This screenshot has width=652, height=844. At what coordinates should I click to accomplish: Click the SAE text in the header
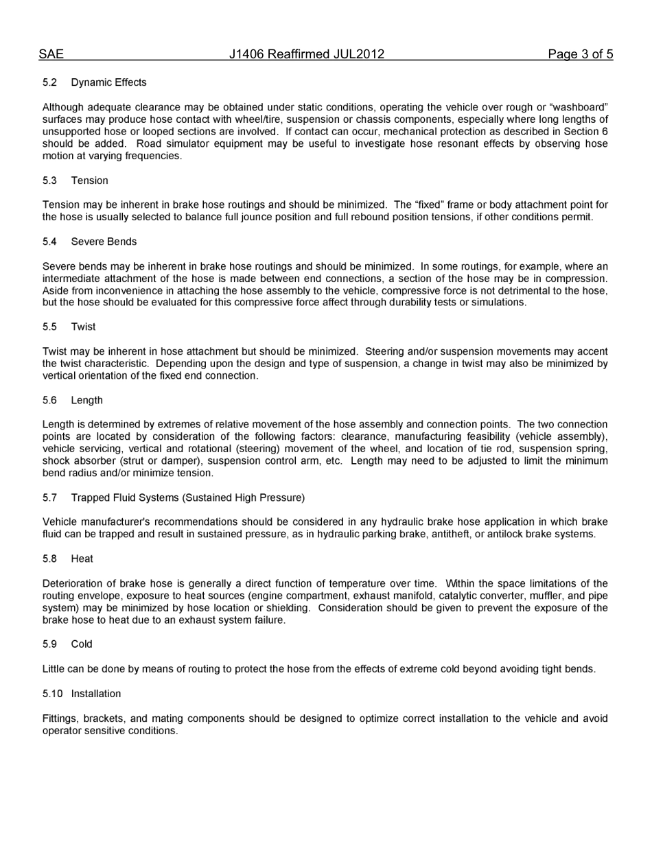[51, 54]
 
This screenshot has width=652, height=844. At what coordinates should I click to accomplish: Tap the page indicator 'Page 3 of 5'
[580, 54]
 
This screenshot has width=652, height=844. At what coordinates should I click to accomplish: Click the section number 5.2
[49, 82]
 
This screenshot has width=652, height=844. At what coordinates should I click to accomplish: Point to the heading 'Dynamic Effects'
[108, 82]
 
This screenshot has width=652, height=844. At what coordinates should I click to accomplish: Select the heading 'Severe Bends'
[104, 242]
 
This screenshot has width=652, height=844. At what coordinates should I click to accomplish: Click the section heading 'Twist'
[83, 327]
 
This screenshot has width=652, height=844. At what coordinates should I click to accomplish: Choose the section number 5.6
[49, 400]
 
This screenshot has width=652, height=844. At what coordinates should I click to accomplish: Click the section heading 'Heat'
[82, 559]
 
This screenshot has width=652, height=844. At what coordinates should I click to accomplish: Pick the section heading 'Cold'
[81, 644]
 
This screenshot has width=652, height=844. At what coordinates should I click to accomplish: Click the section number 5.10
[52, 694]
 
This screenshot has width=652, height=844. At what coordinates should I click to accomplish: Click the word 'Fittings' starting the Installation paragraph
[60, 718]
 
